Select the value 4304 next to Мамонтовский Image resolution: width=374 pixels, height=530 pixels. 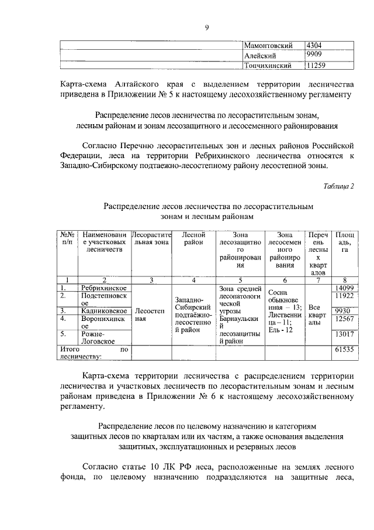(x=316, y=45)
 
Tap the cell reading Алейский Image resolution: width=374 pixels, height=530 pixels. (x=259, y=55)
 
